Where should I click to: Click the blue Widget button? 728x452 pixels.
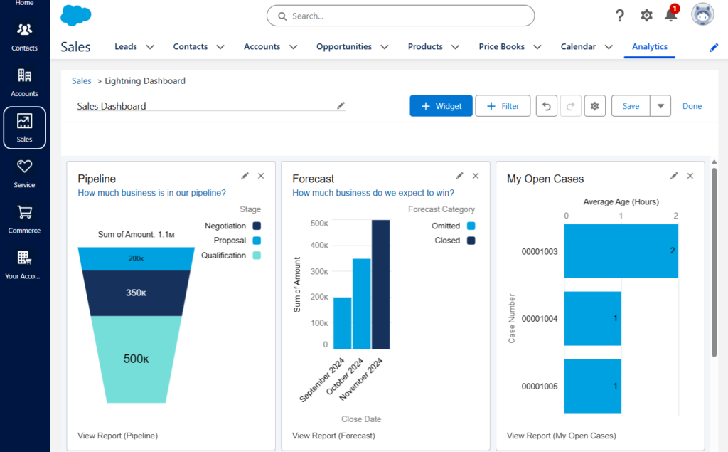441,106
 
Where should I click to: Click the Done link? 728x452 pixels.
692,106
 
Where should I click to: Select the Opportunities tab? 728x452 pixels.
344,47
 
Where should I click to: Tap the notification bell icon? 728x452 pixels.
670,15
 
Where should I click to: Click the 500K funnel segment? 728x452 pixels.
136,358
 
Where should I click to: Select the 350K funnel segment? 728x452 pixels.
136,293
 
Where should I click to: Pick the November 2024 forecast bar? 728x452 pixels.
380,285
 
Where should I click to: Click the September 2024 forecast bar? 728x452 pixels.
342,323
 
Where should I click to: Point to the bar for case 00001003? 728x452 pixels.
621,251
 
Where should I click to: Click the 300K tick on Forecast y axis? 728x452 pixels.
319,271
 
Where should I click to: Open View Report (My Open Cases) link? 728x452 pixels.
561,436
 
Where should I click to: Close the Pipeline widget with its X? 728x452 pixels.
261,176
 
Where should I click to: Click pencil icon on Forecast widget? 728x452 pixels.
459,176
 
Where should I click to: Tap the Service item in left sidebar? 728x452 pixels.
24,173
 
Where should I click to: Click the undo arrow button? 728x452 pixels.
546,106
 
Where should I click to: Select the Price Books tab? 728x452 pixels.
501,47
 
